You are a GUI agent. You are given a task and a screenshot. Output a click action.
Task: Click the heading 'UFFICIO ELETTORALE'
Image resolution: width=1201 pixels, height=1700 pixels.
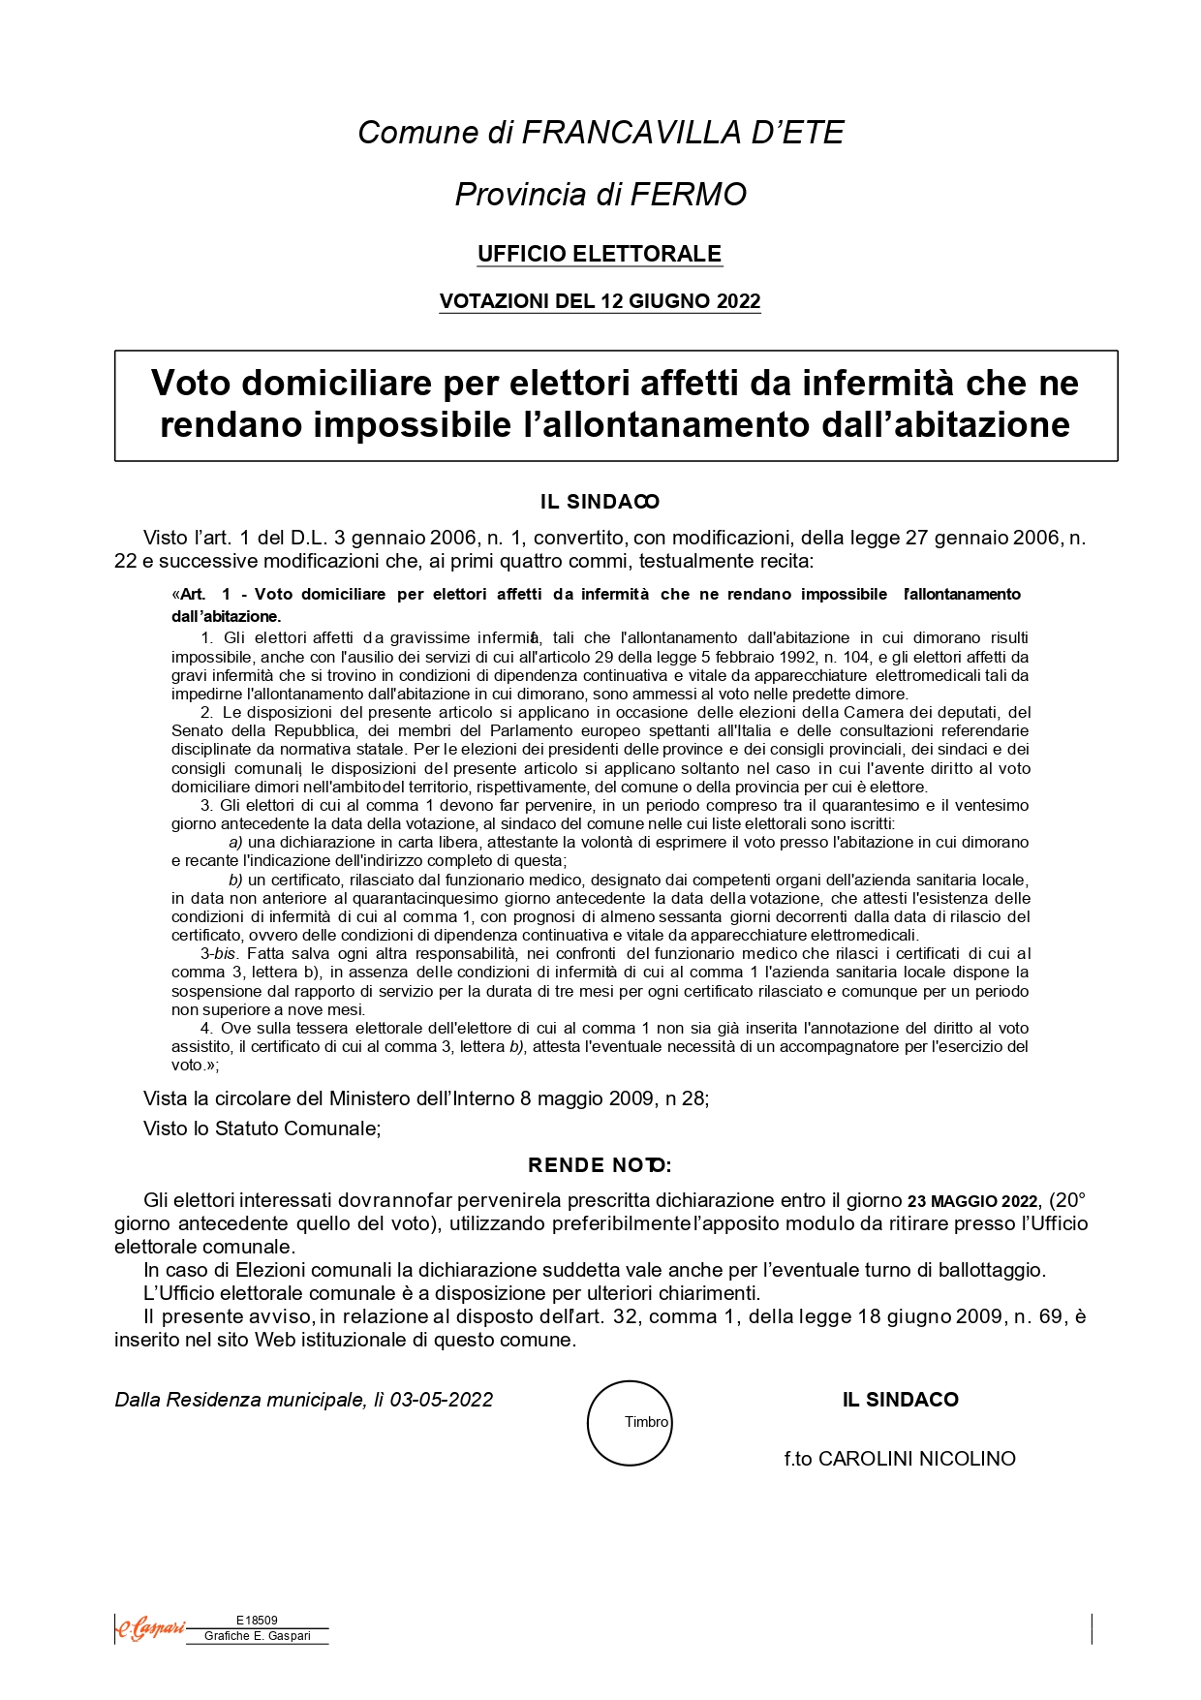[600, 254]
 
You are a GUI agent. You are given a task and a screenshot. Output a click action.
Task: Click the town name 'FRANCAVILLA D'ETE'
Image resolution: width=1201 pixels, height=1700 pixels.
[683, 133]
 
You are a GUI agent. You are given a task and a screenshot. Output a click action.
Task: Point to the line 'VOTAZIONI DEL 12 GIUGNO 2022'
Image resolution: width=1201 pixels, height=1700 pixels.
[600, 301]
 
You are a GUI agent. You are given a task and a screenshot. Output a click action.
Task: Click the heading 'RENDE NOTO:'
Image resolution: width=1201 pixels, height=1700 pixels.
[600, 1165]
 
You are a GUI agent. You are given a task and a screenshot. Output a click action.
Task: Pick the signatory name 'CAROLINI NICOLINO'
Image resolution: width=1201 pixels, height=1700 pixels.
[916, 1459]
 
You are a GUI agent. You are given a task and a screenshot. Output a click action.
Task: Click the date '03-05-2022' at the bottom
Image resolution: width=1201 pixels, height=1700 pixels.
[442, 1400]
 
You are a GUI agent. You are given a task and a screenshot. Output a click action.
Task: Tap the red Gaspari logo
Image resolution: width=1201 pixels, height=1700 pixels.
[150, 1629]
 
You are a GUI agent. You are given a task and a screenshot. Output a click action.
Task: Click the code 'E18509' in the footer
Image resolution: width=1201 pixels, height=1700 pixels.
[257, 1620]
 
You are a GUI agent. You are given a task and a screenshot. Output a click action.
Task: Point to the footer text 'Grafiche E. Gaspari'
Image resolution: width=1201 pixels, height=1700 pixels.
[258, 1636]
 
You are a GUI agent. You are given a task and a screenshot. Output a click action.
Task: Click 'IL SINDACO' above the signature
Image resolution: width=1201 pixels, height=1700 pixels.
[900, 1400]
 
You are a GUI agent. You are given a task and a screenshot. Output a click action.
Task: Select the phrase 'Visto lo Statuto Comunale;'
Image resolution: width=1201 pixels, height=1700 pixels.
[262, 1128]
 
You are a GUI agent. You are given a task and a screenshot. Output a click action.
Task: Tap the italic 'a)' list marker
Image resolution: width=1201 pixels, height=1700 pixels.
[235, 843]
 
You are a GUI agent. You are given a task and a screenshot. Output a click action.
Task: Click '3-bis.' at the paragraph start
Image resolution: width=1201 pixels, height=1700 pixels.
[218, 954]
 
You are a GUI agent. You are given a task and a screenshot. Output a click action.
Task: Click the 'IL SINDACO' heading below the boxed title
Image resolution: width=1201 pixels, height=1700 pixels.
[600, 502]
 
